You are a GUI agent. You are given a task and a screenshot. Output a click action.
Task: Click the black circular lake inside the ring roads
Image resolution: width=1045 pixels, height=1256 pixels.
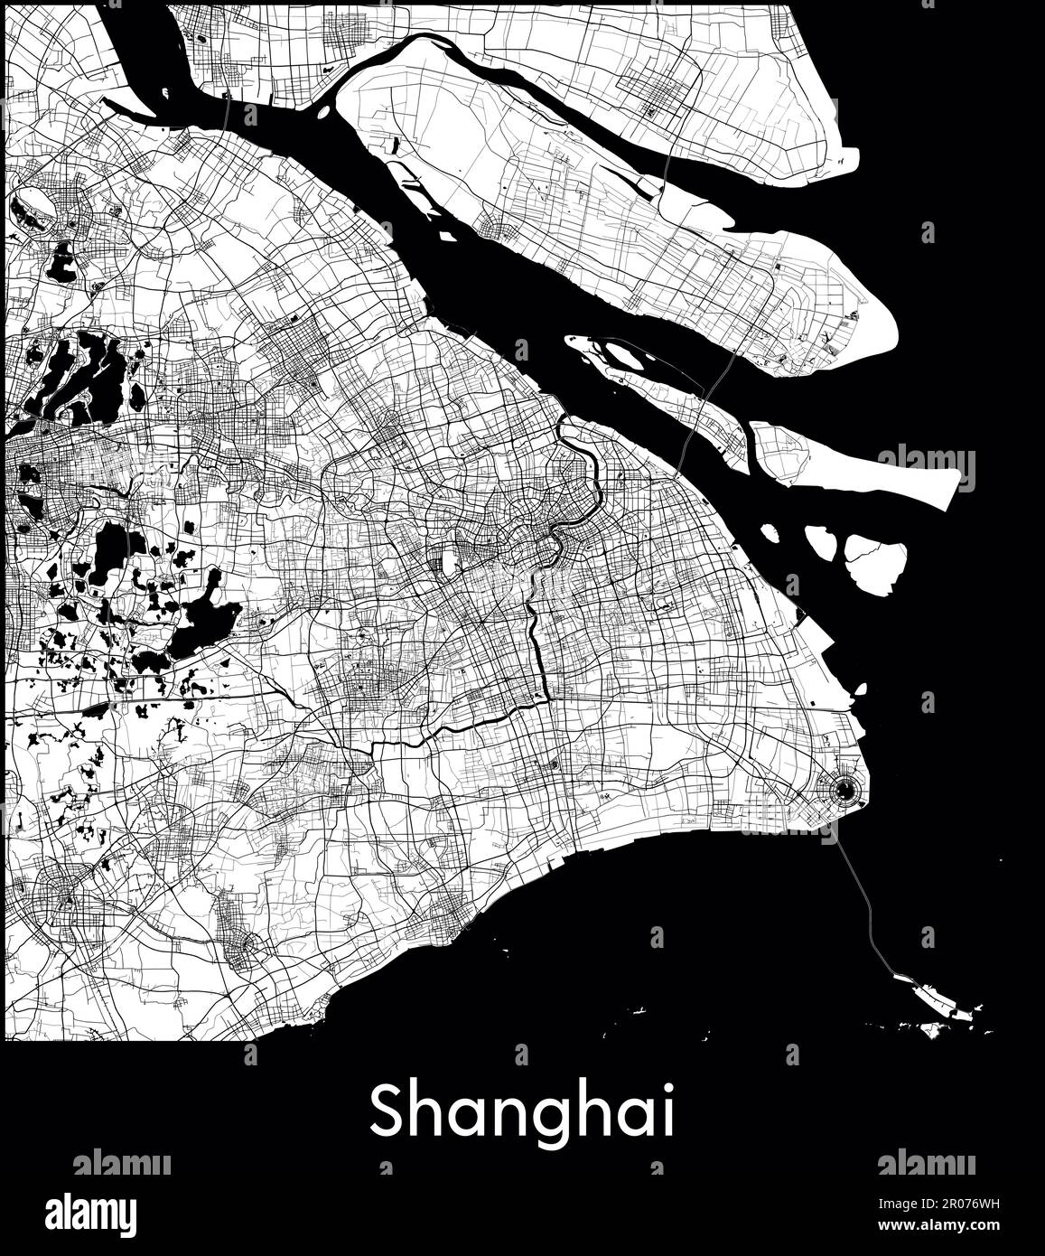pos(844,792)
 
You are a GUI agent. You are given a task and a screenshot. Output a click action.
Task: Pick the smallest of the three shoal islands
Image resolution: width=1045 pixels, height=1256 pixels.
pos(770,532)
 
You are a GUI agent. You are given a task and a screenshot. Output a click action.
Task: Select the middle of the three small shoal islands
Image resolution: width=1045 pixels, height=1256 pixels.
pos(821,542)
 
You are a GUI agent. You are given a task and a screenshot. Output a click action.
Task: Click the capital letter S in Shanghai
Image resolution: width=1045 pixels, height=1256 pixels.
pos(386,1112)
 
